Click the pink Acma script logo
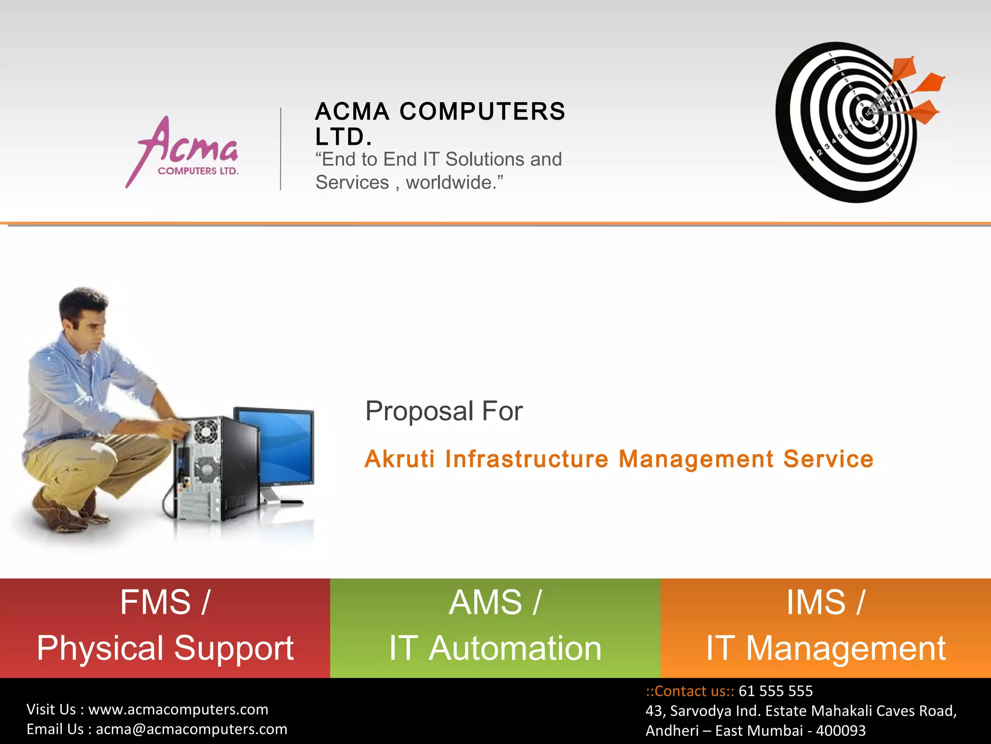pyautogui.click(x=186, y=145)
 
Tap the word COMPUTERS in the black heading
pyautogui.click(x=482, y=111)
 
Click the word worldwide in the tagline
pyautogui.click(x=449, y=183)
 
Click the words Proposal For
pyautogui.click(x=444, y=411)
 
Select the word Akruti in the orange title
pyautogui.click(x=399, y=459)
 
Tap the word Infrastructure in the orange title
pyautogui.click(x=526, y=459)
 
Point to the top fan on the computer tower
pyautogui.click(x=206, y=431)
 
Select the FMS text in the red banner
pyautogui.click(x=155, y=603)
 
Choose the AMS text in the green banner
pyautogui.click(x=485, y=603)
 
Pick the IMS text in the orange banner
pyautogui.click(x=816, y=603)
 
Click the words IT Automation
pyautogui.click(x=495, y=648)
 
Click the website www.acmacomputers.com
pyautogui.click(x=178, y=710)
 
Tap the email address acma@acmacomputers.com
pyautogui.click(x=192, y=729)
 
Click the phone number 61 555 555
pyautogui.click(x=775, y=691)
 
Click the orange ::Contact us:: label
pyautogui.click(x=690, y=691)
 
